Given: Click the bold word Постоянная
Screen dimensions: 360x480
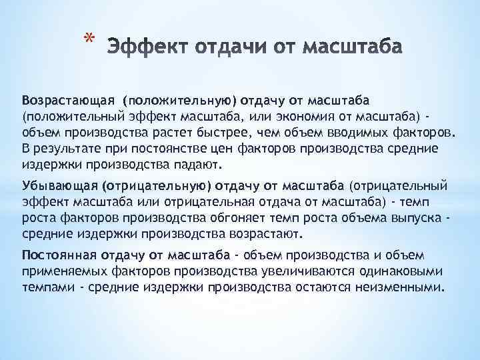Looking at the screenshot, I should click(x=53, y=255).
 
